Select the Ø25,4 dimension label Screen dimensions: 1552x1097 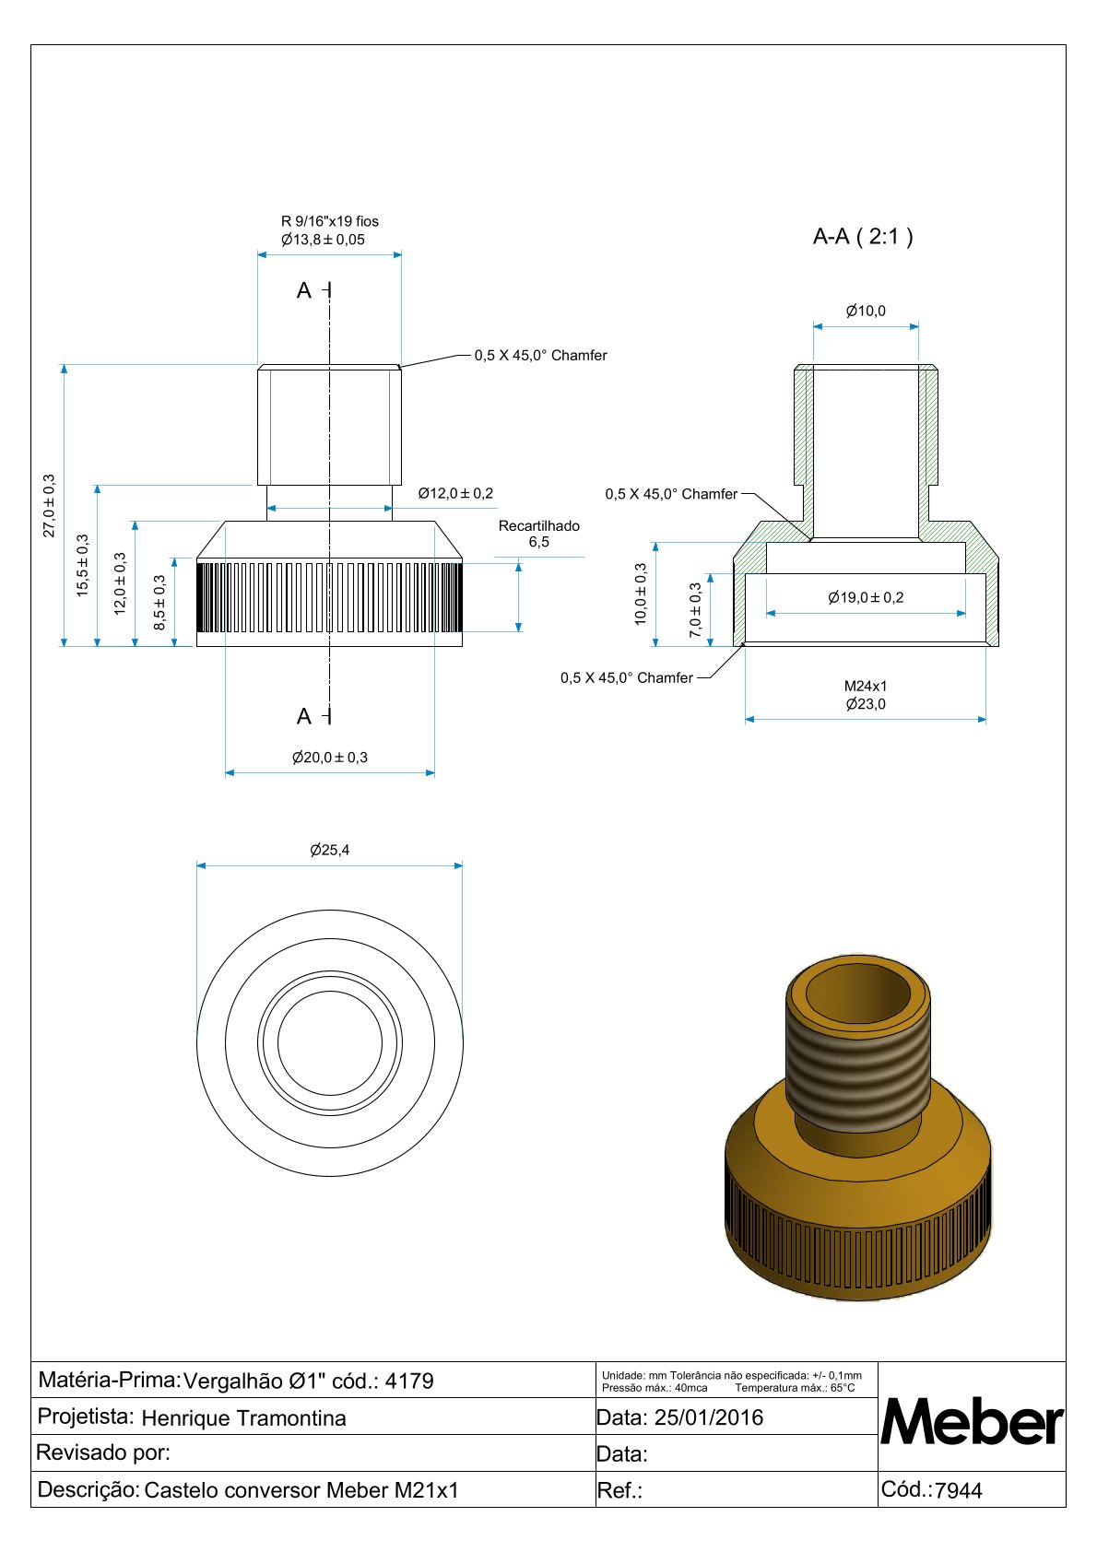point(330,850)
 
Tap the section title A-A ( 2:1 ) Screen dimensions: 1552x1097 point(863,237)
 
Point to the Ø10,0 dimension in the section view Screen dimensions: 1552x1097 point(866,311)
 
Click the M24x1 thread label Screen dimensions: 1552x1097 point(866,687)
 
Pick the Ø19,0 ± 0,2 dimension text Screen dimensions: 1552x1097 point(866,597)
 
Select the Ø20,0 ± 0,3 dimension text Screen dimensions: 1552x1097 point(330,758)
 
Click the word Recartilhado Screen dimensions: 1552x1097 point(539,526)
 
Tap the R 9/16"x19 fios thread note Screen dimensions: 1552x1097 point(330,221)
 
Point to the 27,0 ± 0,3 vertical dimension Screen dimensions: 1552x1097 point(50,505)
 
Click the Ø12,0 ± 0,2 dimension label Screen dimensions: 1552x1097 point(455,494)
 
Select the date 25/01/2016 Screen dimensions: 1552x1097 point(709,1417)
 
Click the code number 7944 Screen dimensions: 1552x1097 point(959,1490)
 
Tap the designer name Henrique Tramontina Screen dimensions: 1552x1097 point(244,1418)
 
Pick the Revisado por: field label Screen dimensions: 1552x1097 point(103,1453)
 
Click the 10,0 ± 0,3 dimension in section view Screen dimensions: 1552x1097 point(641,594)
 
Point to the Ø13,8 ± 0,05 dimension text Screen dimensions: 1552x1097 point(323,240)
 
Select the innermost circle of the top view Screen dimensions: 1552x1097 point(330,1043)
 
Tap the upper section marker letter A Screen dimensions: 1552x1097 point(304,291)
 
